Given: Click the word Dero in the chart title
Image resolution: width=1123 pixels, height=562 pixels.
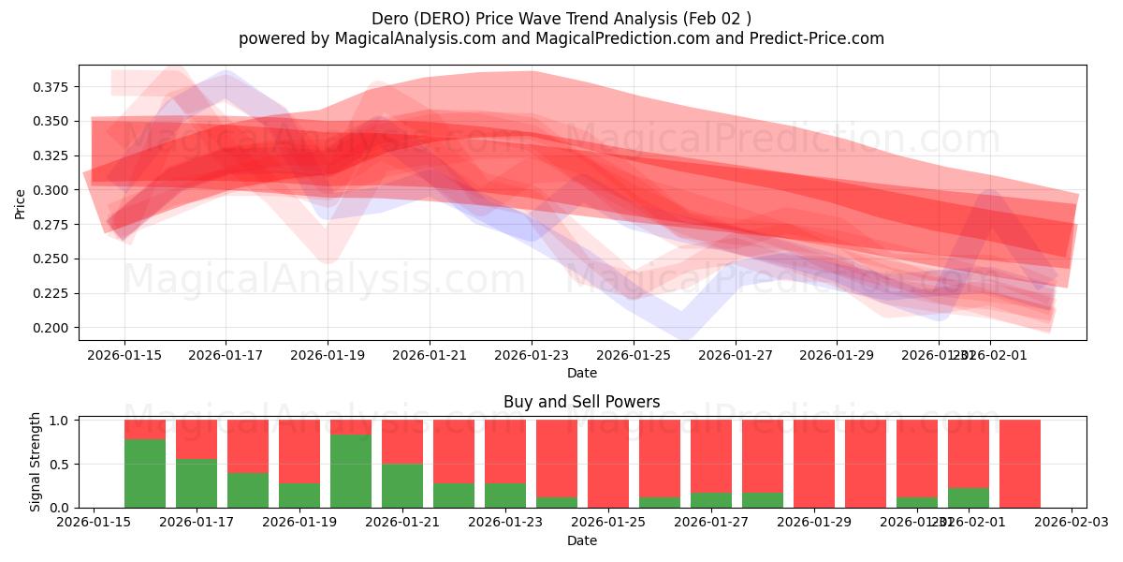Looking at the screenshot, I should click(389, 19).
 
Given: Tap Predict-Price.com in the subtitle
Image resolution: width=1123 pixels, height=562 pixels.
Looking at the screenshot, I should click(820, 38).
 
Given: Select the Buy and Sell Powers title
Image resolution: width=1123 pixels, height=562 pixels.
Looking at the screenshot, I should click(581, 402).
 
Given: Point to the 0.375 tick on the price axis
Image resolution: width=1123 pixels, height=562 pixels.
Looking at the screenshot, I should click(52, 87).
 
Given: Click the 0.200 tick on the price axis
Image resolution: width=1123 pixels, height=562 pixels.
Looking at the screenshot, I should click(52, 328).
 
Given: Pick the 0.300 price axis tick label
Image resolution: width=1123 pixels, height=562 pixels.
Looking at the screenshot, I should click(52, 190).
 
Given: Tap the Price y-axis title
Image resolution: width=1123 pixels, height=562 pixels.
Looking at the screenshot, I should click(21, 203).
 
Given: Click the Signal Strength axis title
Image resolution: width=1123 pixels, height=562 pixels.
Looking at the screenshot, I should click(36, 462).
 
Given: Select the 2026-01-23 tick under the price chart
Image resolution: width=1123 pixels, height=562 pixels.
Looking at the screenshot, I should click(532, 355).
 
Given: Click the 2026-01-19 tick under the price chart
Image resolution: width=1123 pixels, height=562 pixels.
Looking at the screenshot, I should click(328, 355).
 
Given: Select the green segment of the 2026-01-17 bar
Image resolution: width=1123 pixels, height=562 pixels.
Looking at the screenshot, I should click(197, 483).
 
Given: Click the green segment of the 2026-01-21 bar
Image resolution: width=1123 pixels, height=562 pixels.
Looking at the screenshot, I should click(402, 486).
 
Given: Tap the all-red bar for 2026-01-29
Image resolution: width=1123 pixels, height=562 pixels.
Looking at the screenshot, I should click(814, 464).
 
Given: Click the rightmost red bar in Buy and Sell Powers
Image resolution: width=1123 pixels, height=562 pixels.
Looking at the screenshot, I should click(1020, 464).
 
